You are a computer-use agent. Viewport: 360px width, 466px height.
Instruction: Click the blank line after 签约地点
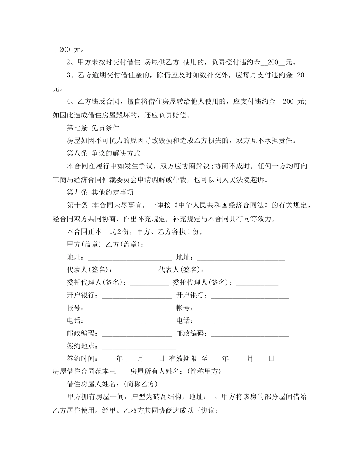139,347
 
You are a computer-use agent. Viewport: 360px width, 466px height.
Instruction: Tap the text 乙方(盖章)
124,244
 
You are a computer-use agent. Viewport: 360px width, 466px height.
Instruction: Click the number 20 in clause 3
301,75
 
